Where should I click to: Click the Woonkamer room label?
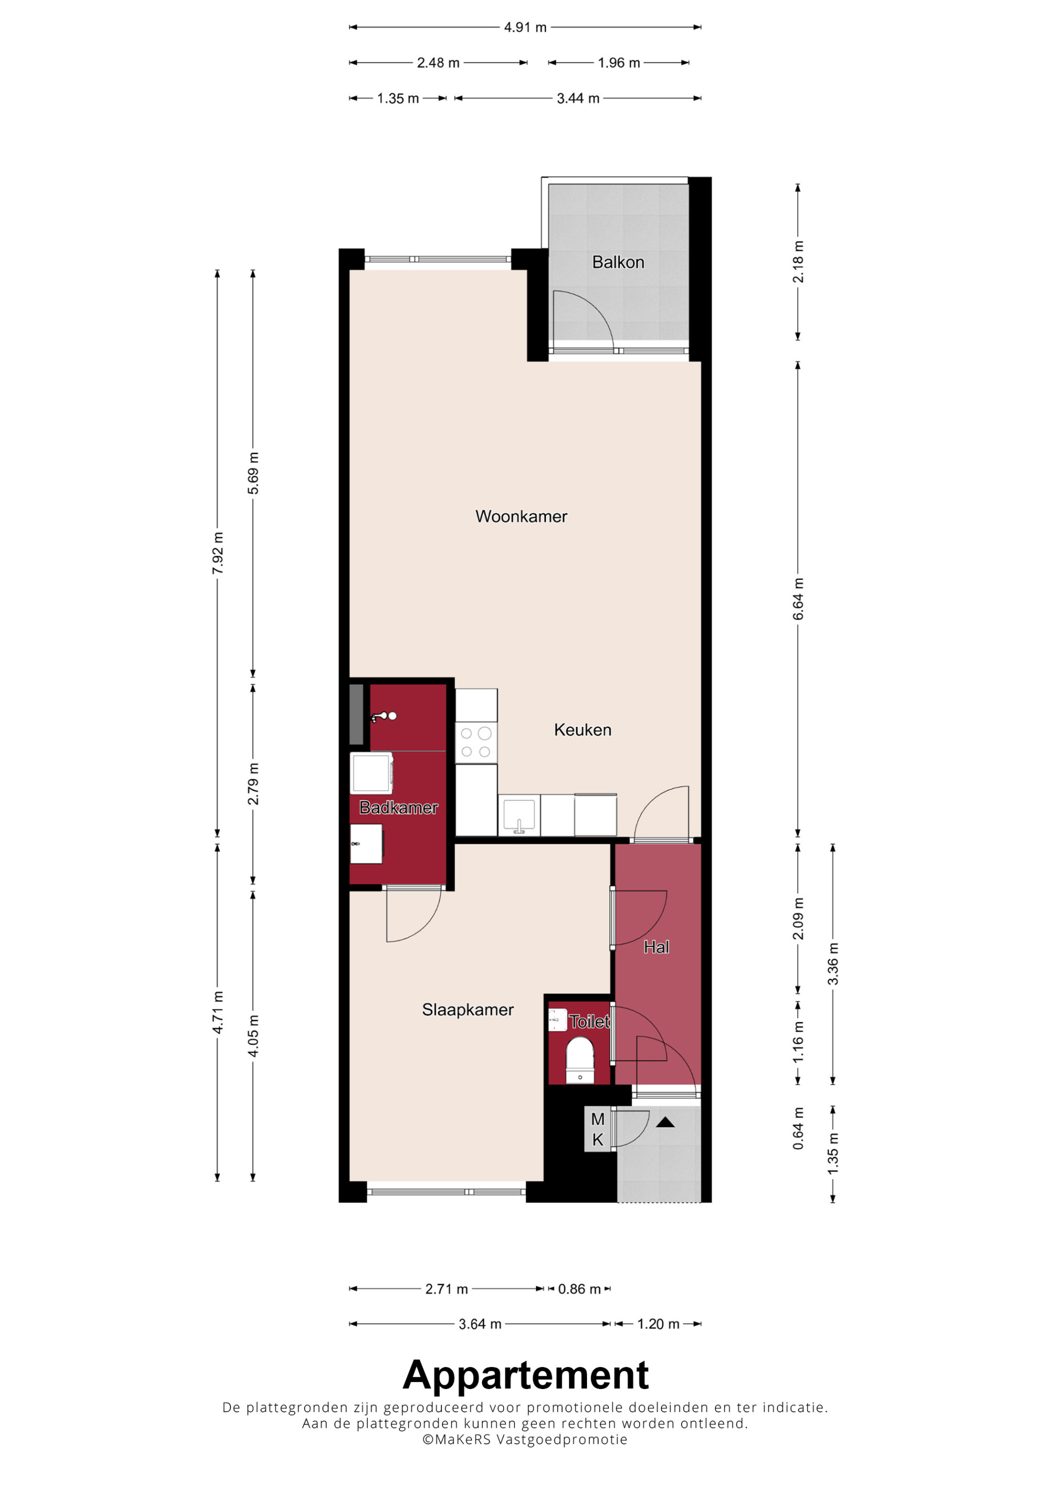(x=521, y=516)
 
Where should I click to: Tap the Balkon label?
(x=618, y=262)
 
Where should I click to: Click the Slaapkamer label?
(x=468, y=1010)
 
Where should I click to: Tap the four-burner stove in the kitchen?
(x=476, y=742)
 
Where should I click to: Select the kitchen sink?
(x=519, y=817)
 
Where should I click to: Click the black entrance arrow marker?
(x=665, y=1122)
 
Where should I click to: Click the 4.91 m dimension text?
(x=526, y=27)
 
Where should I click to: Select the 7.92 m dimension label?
(x=218, y=553)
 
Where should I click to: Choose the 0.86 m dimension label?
(x=579, y=1289)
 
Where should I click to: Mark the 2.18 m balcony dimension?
(x=799, y=262)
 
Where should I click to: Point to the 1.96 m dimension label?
(x=618, y=63)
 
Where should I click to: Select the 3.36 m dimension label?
(x=833, y=964)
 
